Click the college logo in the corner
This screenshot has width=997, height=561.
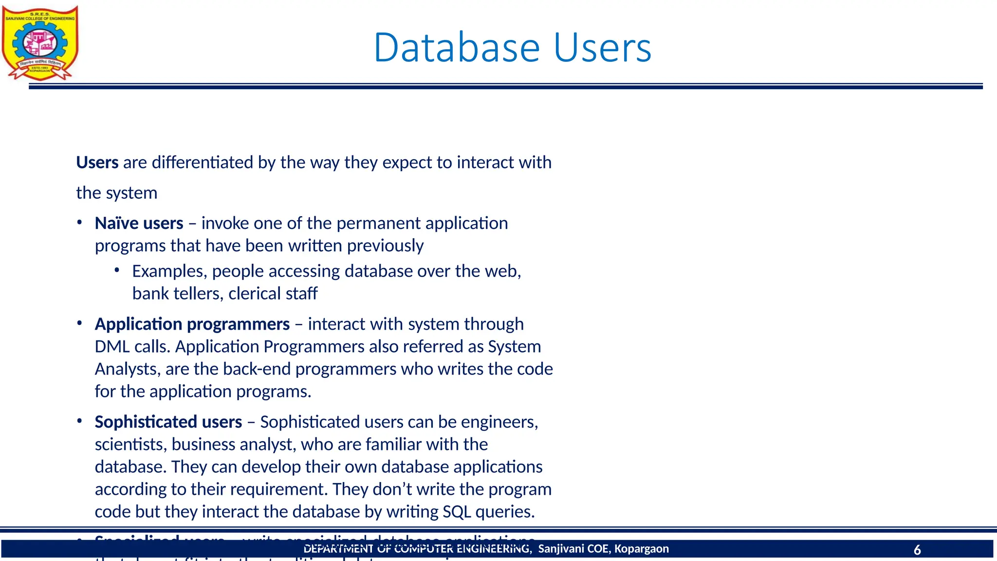point(40,43)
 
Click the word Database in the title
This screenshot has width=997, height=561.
point(457,48)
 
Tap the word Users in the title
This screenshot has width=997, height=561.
point(602,48)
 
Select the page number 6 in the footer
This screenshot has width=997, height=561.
point(917,550)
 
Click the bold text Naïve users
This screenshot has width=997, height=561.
point(139,223)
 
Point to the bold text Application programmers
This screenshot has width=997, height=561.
point(192,324)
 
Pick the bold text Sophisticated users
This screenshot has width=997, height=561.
point(168,422)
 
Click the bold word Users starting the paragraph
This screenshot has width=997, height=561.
point(97,162)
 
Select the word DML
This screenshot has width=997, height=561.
point(112,347)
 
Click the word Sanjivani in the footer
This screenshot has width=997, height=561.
point(561,549)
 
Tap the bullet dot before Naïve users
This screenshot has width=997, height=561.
point(79,223)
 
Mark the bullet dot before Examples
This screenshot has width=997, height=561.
point(117,270)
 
